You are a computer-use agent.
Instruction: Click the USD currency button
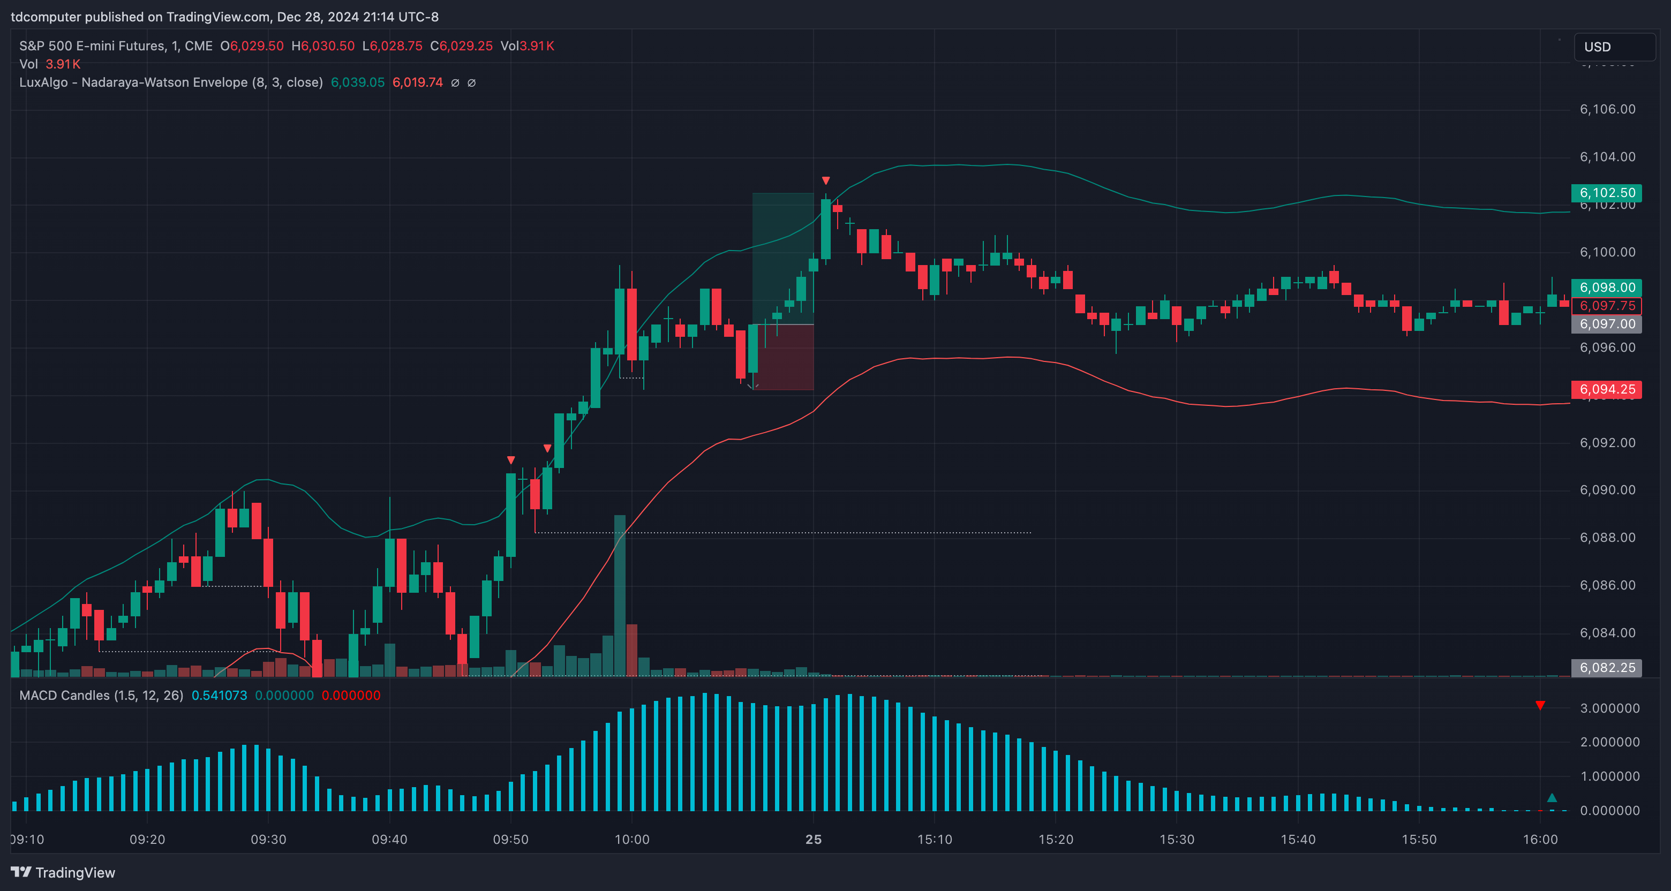[x=1614, y=47]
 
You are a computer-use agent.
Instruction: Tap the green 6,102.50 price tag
[x=1606, y=193]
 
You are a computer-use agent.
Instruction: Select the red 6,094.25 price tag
[x=1606, y=389]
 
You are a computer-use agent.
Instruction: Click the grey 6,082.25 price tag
[x=1606, y=667]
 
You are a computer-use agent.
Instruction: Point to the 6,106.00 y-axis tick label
[x=1607, y=109]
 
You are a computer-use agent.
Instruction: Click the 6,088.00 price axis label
[x=1607, y=538]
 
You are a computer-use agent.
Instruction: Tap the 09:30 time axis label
[x=268, y=839]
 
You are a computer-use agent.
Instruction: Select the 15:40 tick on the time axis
[x=1298, y=839]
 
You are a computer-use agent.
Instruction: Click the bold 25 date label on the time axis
[x=814, y=839]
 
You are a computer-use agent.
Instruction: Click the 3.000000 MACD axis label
[x=1609, y=708]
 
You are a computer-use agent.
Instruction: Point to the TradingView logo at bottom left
[x=63, y=872]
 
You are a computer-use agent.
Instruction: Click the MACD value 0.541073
[x=219, y=695]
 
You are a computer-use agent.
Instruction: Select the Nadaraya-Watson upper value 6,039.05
[x=357, y=82]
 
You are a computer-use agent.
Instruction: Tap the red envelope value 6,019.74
[x=418, y=82]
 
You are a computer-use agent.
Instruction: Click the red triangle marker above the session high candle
[x=826, y=180]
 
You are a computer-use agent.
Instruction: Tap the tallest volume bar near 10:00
[x=620, y=595]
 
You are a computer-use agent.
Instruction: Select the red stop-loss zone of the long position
[x=783, y=357]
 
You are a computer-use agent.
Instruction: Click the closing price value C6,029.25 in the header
[x=461, y=46]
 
